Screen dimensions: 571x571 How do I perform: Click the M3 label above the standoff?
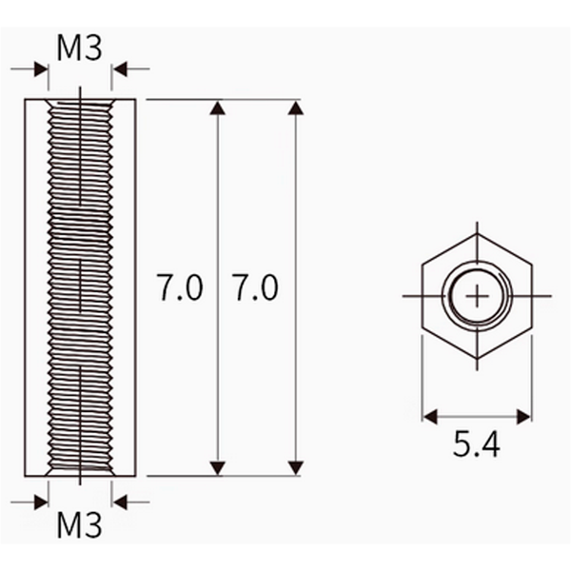(x=79, y=48)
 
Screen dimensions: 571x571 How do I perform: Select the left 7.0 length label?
(x=179, y=287)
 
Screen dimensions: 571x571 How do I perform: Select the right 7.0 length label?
(x=256, y=287)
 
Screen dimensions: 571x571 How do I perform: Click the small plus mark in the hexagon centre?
(x=477, y=296)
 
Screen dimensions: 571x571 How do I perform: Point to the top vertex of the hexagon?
(x=477, y=235)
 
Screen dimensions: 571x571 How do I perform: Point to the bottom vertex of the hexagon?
(x=477, y=359)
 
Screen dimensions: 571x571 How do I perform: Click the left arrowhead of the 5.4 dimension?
(x=431, y=416)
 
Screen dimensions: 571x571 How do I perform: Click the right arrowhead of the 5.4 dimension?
(x=523, y=416)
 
